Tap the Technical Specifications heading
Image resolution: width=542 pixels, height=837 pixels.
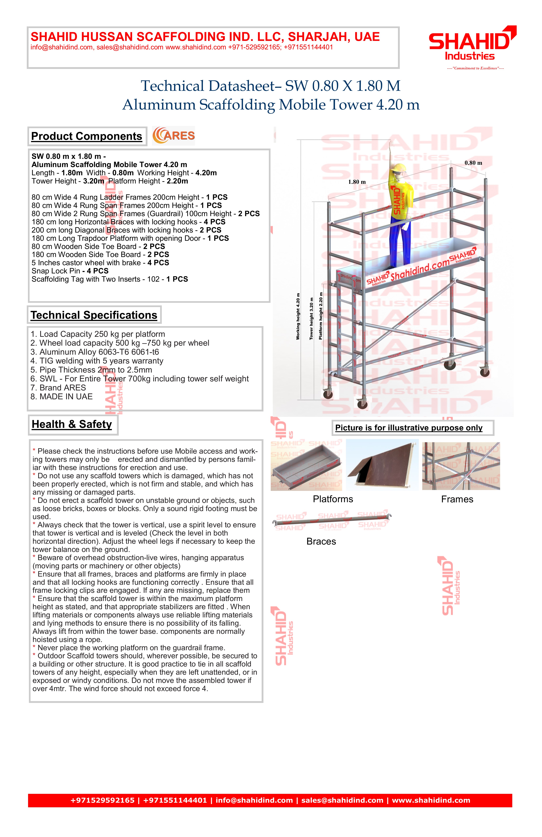click(x=94, y=315)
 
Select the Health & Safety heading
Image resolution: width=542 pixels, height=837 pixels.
click(x=72, y=424)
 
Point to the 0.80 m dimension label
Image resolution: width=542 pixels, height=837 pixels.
click(x=473, y=163)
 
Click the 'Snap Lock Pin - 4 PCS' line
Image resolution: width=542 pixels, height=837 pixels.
click(x=70, y=271)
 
